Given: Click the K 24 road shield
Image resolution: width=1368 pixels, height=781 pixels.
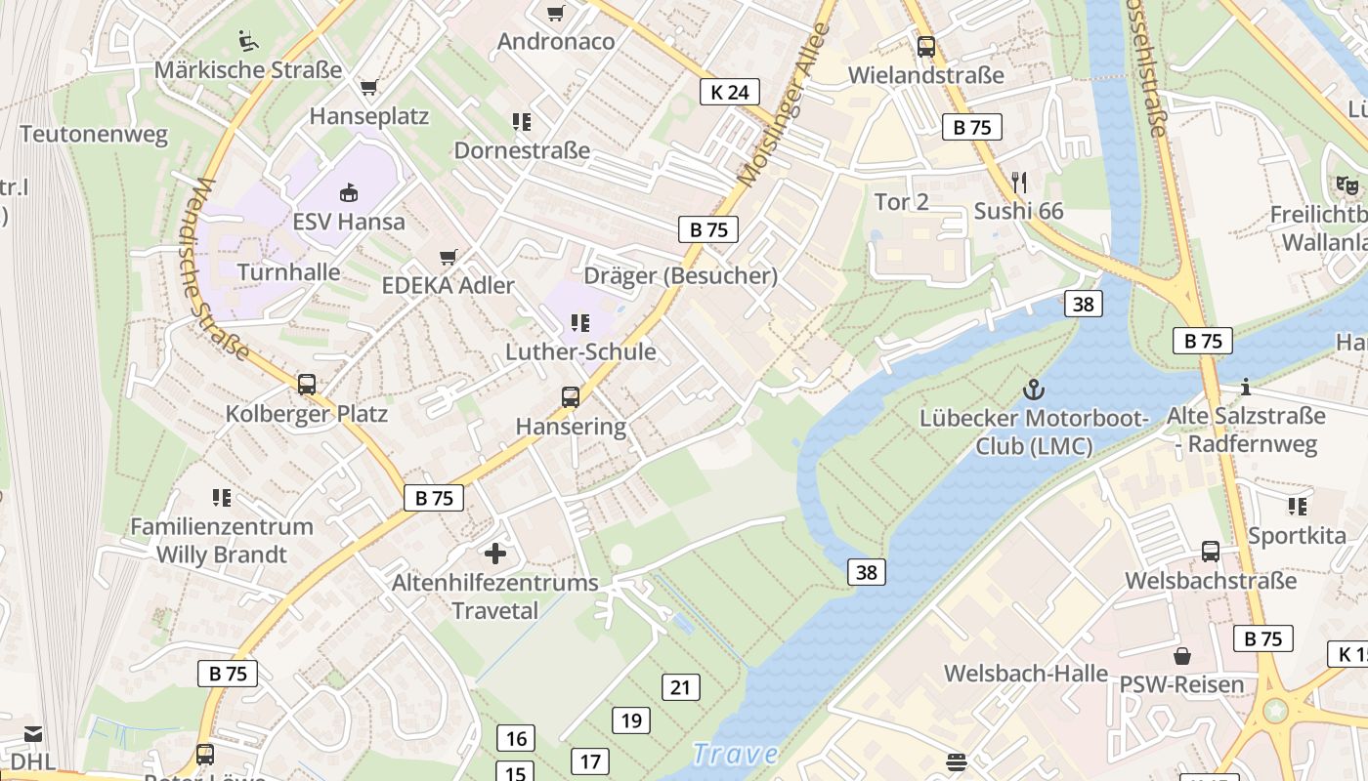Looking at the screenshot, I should (x=729, y=92).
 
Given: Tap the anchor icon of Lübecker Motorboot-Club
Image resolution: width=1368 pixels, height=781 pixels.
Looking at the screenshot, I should (x=1034, y=390).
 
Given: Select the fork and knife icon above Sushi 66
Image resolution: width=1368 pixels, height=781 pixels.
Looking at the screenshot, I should (x=1019, y=183).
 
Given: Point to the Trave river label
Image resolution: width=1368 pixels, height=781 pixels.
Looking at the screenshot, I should (x=735, y=754).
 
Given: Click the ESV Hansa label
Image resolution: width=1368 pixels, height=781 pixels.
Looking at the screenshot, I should (x=349, y=222).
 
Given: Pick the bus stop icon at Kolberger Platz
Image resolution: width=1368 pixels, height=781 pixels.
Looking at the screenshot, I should (x=307, y=385).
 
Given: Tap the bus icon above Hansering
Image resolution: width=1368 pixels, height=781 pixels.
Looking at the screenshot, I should (x=571, y=397).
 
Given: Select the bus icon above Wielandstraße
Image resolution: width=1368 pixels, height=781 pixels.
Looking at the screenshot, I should (x=925, y=46).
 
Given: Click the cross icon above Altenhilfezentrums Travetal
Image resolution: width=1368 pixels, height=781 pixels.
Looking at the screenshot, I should (x=495, y=554).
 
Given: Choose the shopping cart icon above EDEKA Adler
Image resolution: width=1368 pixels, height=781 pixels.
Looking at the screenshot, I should (x=449, y=257).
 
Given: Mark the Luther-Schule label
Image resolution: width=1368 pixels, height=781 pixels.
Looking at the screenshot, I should (x=580, y=351).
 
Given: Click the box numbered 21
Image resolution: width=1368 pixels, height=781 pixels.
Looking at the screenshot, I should (x=680, y=687).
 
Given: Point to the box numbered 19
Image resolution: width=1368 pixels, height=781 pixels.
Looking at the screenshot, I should (x=631, y=720).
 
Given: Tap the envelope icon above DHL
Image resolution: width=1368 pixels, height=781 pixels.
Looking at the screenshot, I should (x=33, y=733).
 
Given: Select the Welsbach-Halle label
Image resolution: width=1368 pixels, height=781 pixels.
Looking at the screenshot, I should (x=1025, y=673).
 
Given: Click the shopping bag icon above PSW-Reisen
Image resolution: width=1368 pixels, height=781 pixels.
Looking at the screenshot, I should (x=1182, y=655).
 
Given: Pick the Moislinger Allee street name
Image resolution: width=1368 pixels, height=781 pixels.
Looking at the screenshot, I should (x=784, y=105).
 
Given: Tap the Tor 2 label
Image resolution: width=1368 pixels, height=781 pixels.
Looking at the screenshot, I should (x=901, y=202).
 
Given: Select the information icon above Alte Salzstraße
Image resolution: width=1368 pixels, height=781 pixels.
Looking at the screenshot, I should (x=1246, y=388).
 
